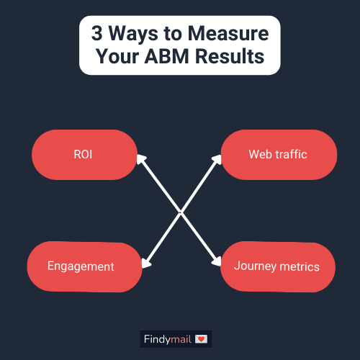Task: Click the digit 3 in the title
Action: coord(96,33)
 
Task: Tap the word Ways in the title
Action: coord(133,35)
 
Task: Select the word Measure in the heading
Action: coord(228,33)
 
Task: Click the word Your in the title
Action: coord(117,56)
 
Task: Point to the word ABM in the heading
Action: coord(167,56)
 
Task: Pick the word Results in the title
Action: coord(230,56)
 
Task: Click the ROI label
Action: coord(83,154)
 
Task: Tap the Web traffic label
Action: coord(278,154)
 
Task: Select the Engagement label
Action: coord(81,266)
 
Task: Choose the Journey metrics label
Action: coord(276,266)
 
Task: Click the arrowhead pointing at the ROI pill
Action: coord(141,159)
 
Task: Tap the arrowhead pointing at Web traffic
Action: coord(217,160)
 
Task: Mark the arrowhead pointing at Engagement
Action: coord(145,263)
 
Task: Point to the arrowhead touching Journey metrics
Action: coord(217,261)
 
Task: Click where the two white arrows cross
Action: coord(181,212)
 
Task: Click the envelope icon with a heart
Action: coord(201,339)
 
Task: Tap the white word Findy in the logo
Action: coord(157,340)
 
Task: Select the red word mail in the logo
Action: coord(181,339)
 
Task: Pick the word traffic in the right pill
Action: coord(291,154)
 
